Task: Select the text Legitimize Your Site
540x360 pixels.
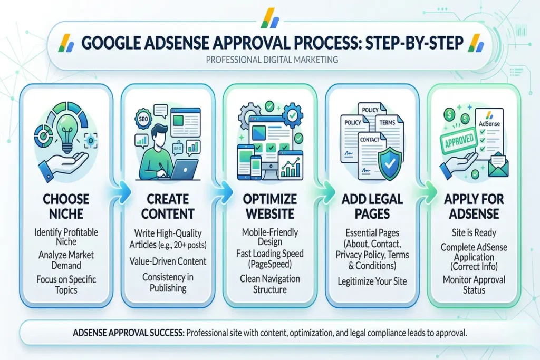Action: coord(372,281)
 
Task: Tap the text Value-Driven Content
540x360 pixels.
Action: coord(168,261)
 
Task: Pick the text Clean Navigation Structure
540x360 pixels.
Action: coord(269,284)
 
